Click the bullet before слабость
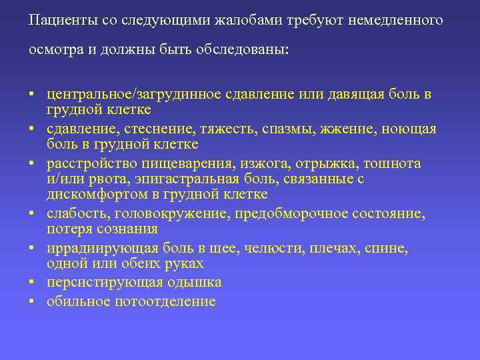(x=33, y=215)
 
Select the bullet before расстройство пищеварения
(x=33, y=164)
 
